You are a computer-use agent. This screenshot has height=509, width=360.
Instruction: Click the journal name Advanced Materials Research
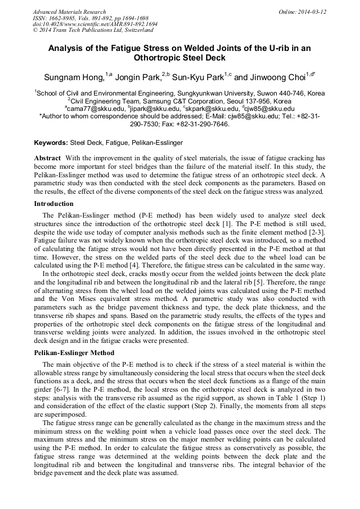click(x=69, y=12)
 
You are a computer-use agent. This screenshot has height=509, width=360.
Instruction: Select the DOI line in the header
click(x=95, y=24)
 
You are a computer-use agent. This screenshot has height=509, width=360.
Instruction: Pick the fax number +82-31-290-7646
click(x=203, y=124)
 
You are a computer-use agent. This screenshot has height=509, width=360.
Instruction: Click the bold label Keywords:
click(x=51, y=143)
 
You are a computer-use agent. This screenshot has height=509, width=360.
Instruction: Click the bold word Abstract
click(x=47, y=159)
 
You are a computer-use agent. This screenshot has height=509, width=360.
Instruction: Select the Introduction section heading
click(x=54, y=204)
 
